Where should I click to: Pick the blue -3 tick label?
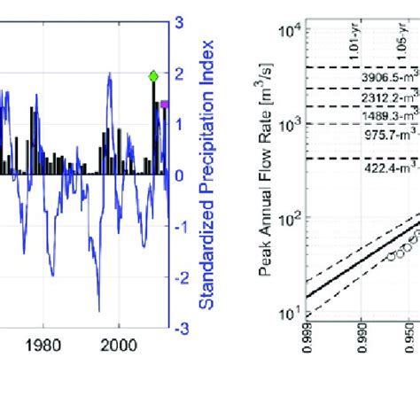(x=178, y=329)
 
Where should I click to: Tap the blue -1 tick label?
(x=178, y=226)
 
